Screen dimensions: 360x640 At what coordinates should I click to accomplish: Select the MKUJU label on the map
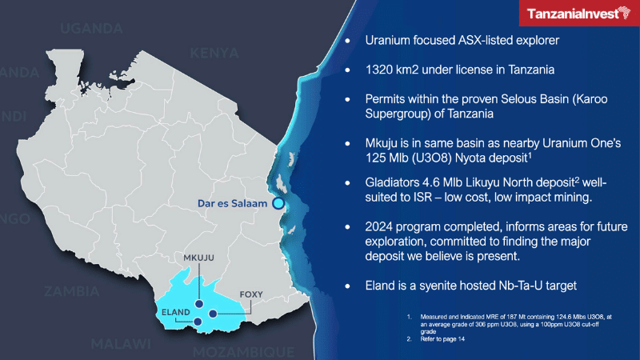(x=198, y=258)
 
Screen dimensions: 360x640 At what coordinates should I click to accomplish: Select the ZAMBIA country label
(x=73, y=290)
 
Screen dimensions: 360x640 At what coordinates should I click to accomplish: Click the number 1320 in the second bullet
(x=381, y=70)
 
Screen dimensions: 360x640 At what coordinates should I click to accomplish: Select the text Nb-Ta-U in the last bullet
(x=534, y=285)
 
